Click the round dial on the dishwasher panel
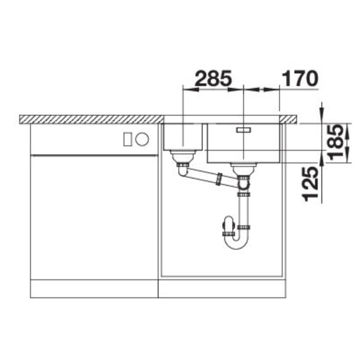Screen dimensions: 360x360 (x=142, y=139)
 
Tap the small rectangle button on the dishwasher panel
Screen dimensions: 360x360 (x=128, y=139)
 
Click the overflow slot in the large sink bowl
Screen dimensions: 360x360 (x=244, y=130)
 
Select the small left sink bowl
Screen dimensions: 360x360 (x=182, y=137)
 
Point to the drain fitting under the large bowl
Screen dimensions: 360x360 (x=244, y=168)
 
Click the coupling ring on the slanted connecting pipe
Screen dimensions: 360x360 (x=218, y=179)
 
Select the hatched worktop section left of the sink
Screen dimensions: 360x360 (x=91, y=119)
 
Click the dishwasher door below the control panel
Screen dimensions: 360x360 (x=94, y=216)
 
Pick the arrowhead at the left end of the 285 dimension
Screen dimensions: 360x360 (x=188, y=89)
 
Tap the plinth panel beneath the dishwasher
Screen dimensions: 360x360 (x=94, y=289)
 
